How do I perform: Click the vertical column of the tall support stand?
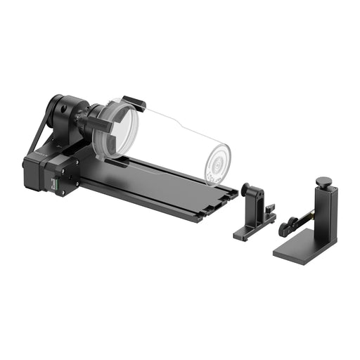tap(326, 218)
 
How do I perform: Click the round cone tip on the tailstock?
tap(245, 190)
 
